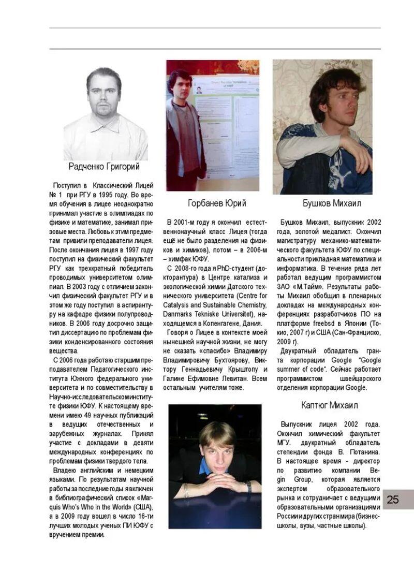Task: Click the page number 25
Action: click(x=393, y=500)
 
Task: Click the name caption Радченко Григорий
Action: click(x=104, y=167)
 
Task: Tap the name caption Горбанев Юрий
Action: click(x=217, y=202)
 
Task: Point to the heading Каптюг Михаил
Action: click(x=329, y=405)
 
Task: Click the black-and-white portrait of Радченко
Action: click(x=105, y=114)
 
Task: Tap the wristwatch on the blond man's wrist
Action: click(x=248, y=486)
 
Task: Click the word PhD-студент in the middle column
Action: click(x=231, y=268)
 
